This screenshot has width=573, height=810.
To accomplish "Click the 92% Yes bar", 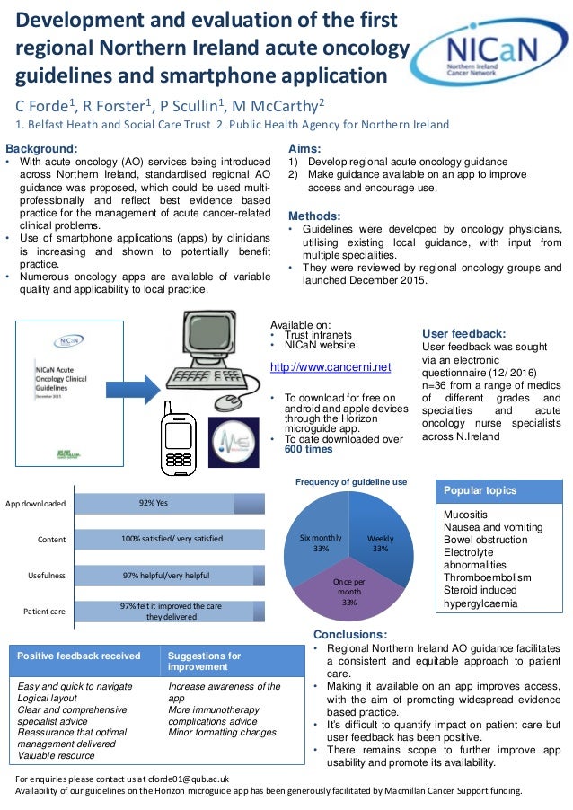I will tap(154, 502).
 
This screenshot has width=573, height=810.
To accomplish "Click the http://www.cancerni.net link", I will tap(331, 367).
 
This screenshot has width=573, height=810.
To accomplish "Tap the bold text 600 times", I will tap(308, 450).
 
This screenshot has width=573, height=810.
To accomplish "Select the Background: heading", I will tap(42, 148).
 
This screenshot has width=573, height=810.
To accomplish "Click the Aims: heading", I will tap(304, 148).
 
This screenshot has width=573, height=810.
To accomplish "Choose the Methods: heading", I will tap(313, 216).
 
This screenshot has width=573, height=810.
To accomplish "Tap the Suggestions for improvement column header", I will tap(205, 661).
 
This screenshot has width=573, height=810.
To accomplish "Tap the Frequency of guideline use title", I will tap(350, 482).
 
